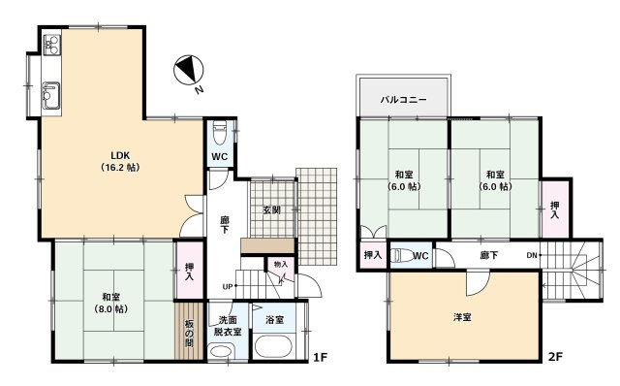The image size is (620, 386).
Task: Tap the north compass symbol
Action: tap(187, 70)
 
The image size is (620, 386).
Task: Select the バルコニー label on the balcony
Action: tap(404, 98)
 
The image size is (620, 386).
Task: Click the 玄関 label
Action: tap(271, 210)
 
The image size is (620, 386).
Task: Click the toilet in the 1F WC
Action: tap(220, 130)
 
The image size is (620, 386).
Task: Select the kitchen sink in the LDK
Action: tap(50, 95)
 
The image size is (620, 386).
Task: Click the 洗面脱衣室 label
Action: tap(229, 326)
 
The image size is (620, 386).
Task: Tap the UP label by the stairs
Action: tap(227, 287)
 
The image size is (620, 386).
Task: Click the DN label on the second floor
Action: tap(532, 255)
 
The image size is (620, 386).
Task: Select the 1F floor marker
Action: tap(319, 357)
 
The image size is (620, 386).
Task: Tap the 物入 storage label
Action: tap(280, 264)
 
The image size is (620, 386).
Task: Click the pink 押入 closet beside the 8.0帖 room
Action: tap(187, 271)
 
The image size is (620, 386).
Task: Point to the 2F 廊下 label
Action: tap(490, 256)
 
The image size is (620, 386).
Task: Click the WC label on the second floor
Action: tap(420, 256)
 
